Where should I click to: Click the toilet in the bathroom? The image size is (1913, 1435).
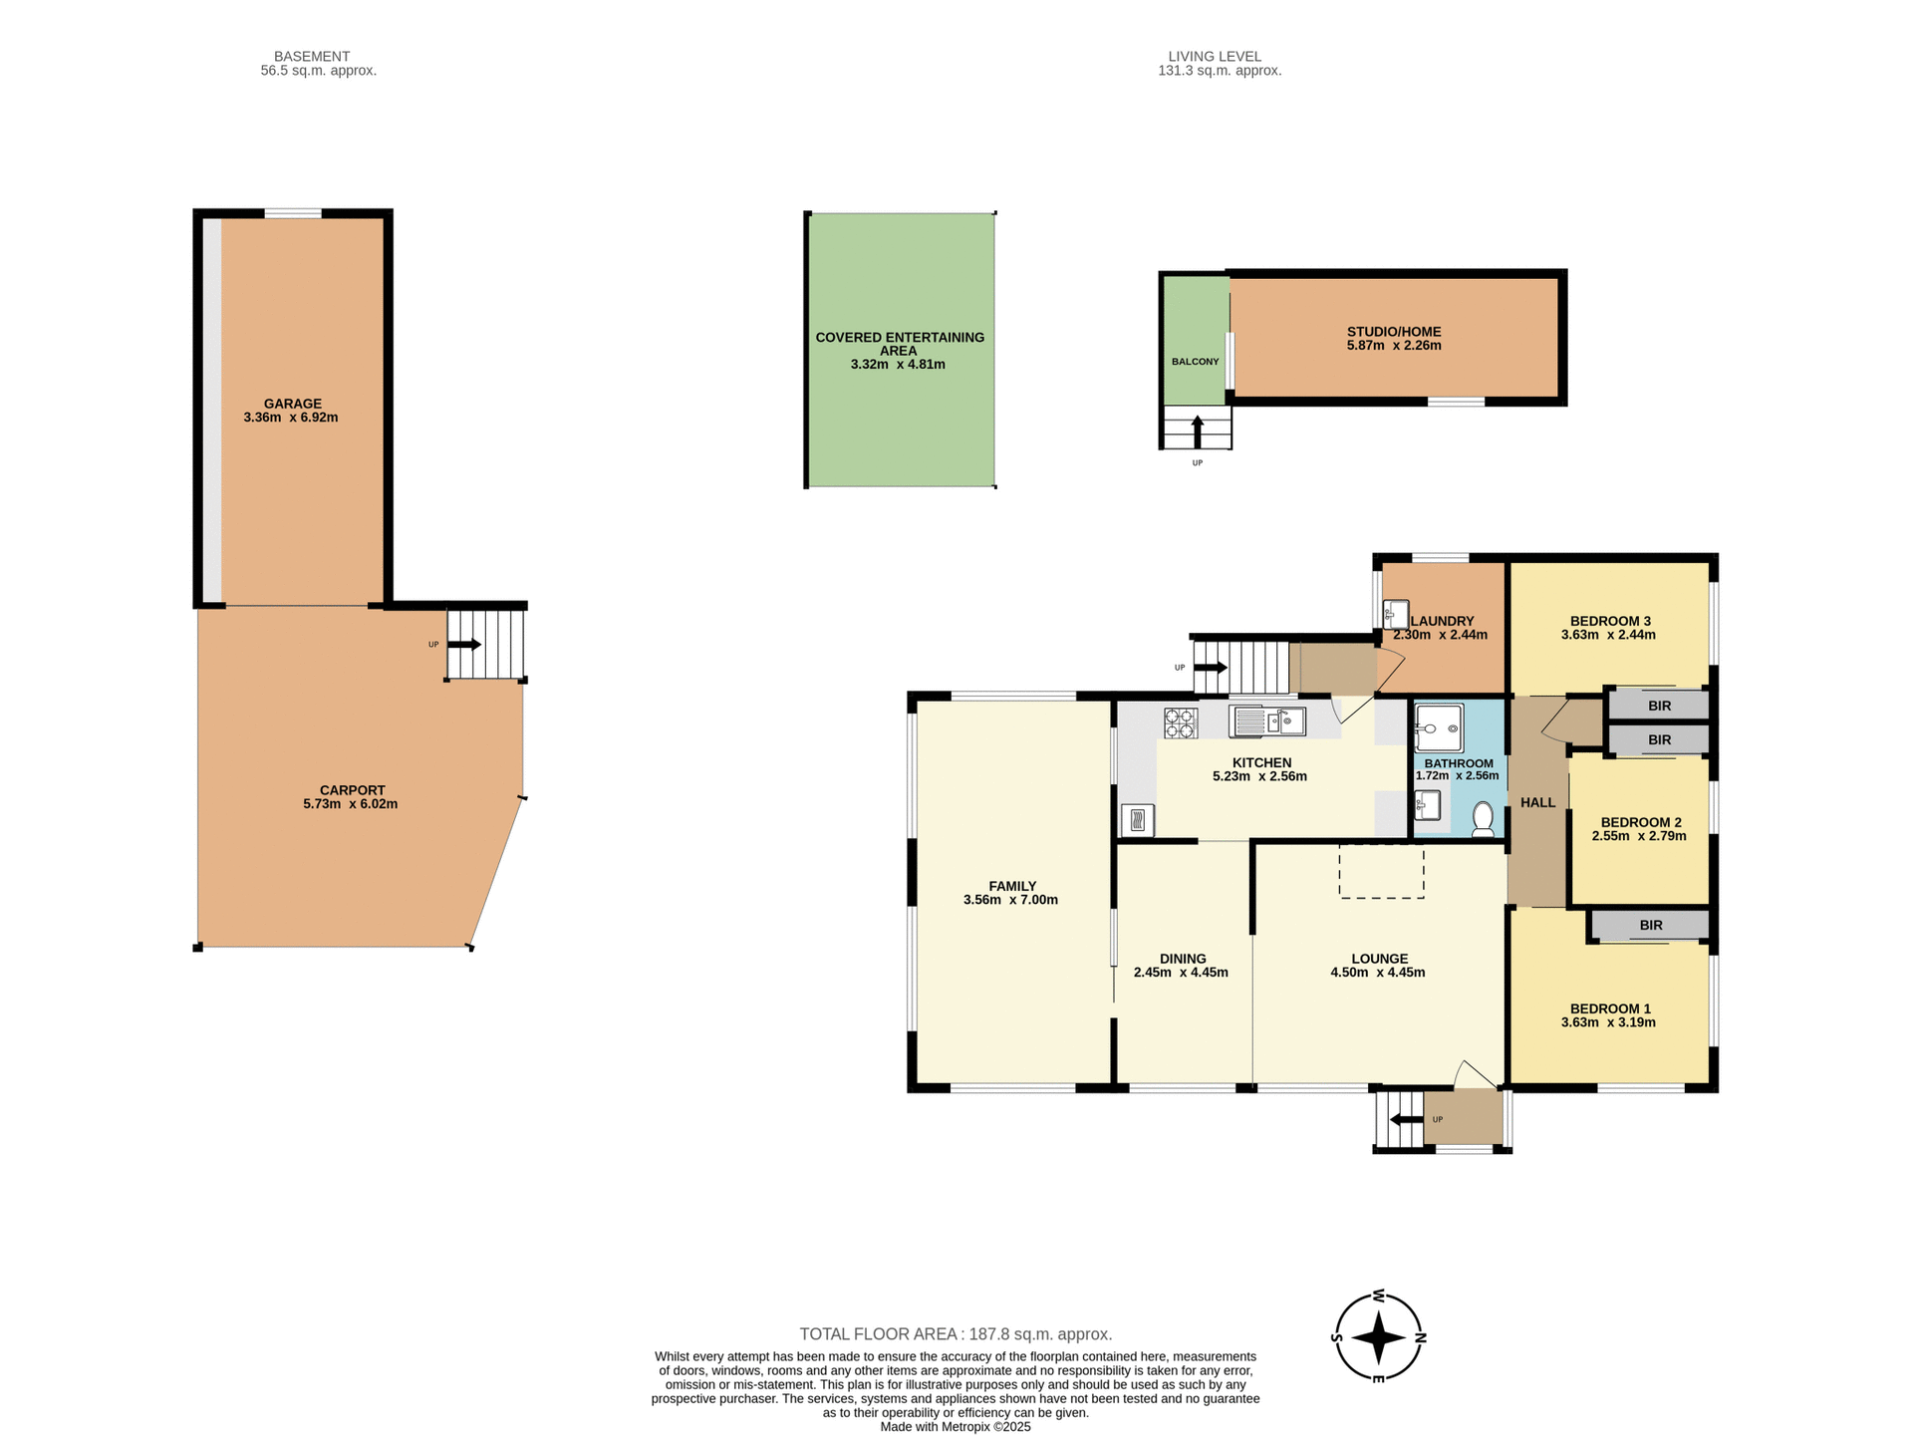1483,818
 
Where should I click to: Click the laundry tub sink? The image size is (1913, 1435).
1396,613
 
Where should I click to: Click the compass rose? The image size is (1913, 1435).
1379,1337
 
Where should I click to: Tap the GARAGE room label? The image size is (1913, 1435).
292,404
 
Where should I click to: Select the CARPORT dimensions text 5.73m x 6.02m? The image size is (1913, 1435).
351,804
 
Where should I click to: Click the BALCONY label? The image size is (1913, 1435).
1195,362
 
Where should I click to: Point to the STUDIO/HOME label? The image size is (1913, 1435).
1394,332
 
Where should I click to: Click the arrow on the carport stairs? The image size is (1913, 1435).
464,645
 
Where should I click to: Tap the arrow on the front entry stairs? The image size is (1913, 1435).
1406,1119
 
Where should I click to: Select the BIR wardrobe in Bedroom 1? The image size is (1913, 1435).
1650,925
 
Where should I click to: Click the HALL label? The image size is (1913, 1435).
1537,802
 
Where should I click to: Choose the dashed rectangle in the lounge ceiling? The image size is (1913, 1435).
1381,871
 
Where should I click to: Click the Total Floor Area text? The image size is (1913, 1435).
956,1333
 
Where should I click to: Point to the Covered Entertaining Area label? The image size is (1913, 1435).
899,343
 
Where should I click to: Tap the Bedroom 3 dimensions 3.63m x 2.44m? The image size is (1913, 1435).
1608,635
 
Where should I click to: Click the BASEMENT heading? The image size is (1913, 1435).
312,57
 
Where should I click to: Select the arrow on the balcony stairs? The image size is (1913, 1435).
1197,431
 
